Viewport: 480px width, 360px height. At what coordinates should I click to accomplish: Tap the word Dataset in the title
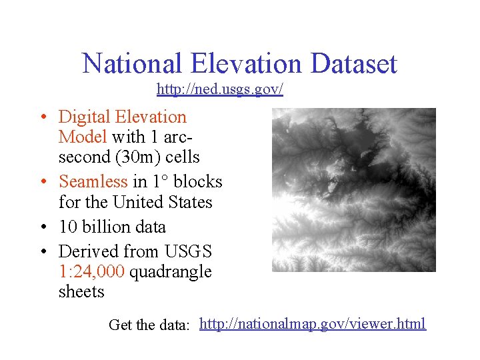tap(353, 64)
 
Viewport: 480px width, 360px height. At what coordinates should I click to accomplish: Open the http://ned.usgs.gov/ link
tap(220, 89)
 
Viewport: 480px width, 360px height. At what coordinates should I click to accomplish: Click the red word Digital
tap(85, 117)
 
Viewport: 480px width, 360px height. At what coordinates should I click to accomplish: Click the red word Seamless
tap(93, 181)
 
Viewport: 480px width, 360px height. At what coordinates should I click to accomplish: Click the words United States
tap(162, 202)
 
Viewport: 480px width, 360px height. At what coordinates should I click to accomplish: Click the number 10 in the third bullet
tap(67, 227)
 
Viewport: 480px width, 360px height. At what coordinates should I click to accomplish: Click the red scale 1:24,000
tap(92, 272)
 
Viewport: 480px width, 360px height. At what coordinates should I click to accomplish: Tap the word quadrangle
tap(171, 272)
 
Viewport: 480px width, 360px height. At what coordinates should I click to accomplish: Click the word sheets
tap(81, 292)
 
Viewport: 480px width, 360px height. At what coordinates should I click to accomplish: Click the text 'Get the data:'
tap(150, 325)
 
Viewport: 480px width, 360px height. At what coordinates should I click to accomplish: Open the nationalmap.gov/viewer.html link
tap(312, 324)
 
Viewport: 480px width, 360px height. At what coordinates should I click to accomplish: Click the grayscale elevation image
tap(353, 190)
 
